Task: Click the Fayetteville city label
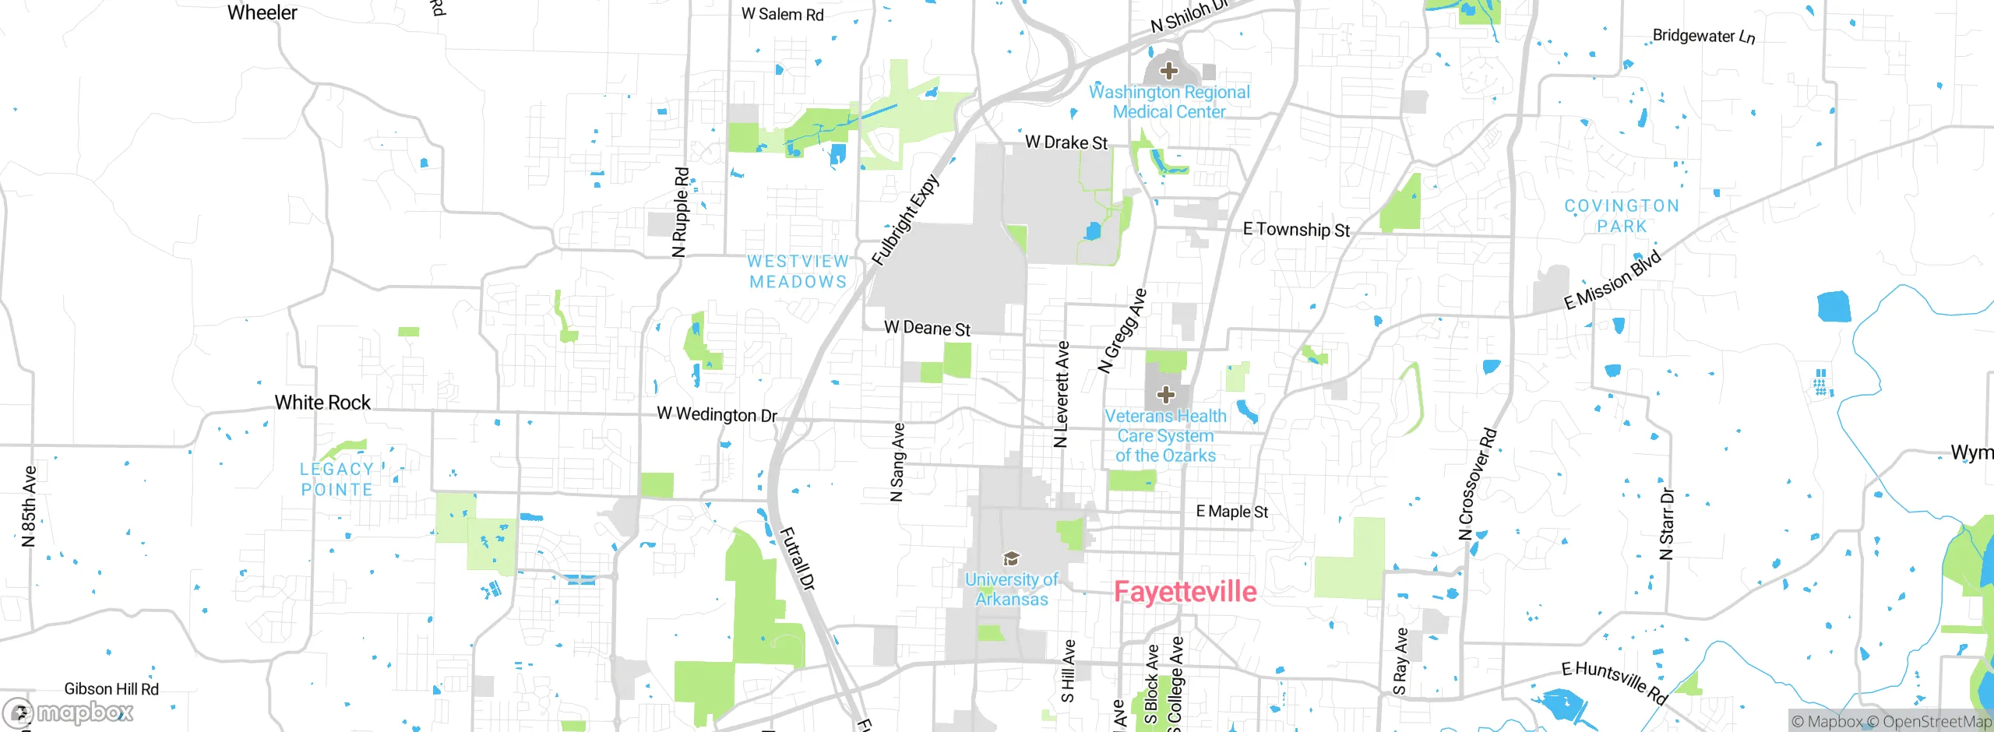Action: [1185, 592]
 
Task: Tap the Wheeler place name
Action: [262, 13]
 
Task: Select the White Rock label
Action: [322, 403]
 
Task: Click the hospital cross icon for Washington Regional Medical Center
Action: [1168, 72]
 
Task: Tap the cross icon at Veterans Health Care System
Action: [1165, 395]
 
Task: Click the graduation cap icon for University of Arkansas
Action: [1011, 558]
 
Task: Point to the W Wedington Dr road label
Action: [717, 414]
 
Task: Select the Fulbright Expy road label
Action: [905, 221]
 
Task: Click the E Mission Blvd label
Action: [1613, 280]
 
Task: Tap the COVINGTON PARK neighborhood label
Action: [1622, 216]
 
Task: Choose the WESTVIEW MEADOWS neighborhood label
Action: [798, 272]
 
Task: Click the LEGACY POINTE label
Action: [336, 479]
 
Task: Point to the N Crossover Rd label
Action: [1478, 484]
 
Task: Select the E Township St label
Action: [1296, 230]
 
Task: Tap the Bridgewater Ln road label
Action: [1703, 36]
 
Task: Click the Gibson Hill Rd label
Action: [111, 689]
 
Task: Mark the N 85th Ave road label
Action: [29, 506]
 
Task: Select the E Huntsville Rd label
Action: [1614, 683]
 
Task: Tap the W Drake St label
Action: [1066, 143]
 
